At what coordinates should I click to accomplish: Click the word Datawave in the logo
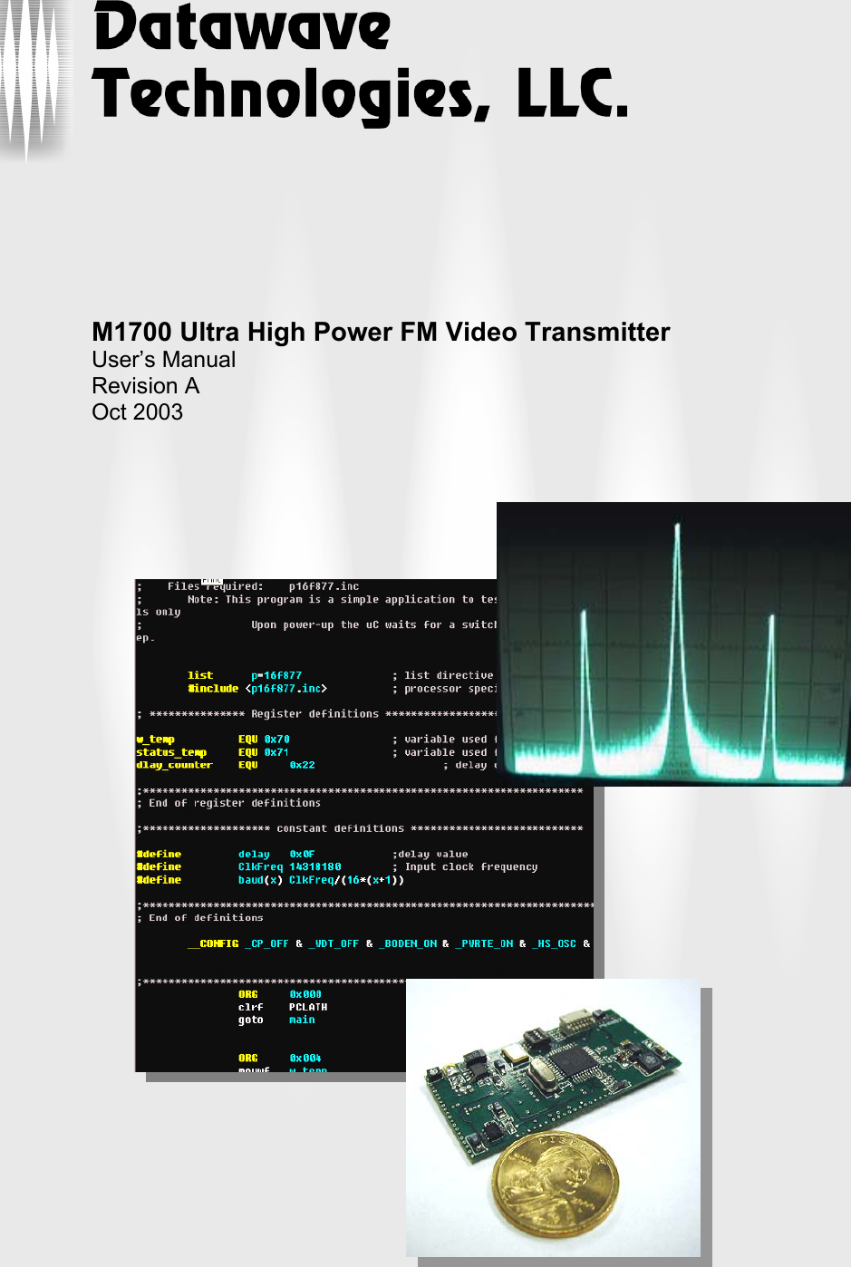(x=243, y=28)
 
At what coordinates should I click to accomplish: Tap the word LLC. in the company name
(x=572, y=94)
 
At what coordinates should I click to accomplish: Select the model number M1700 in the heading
(x=132, y=333)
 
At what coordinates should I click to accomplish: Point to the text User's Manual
(x=163, y=360)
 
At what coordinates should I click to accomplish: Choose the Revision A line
(x=145, y=386)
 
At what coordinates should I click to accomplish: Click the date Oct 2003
(x=137, y=412)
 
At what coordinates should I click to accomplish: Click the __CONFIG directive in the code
(x=213, y=943)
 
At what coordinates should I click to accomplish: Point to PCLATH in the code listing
(x=308, y=1007)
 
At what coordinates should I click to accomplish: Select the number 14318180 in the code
(x=314, y=867)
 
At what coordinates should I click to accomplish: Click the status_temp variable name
(x=171, y=752)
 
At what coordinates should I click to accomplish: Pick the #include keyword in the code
(x=213, y=689)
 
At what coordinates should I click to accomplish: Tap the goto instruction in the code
(x=250, y=1020)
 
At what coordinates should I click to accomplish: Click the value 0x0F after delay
(x=302, y=854)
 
